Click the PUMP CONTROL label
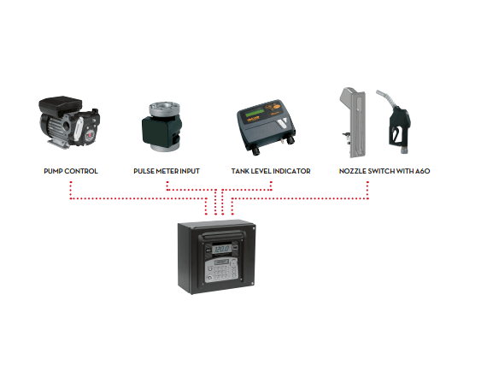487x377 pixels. tap(71, 171)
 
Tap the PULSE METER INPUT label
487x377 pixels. tap(167, 171)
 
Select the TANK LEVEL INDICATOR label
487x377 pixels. tap(271, 171)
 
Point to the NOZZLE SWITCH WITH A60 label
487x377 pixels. tap(384, 171)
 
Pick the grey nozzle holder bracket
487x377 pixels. tap(354, 123)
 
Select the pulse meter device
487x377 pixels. tap(161, 127)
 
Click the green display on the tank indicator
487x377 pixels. tap(255, 113)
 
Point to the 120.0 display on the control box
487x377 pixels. tap(222, 249)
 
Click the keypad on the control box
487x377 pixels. tap(220, 270)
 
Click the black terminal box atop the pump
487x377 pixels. tap(61, 105)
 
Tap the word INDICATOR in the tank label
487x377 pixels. tap(290, 171)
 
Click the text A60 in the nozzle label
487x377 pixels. tap(423, 171)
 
